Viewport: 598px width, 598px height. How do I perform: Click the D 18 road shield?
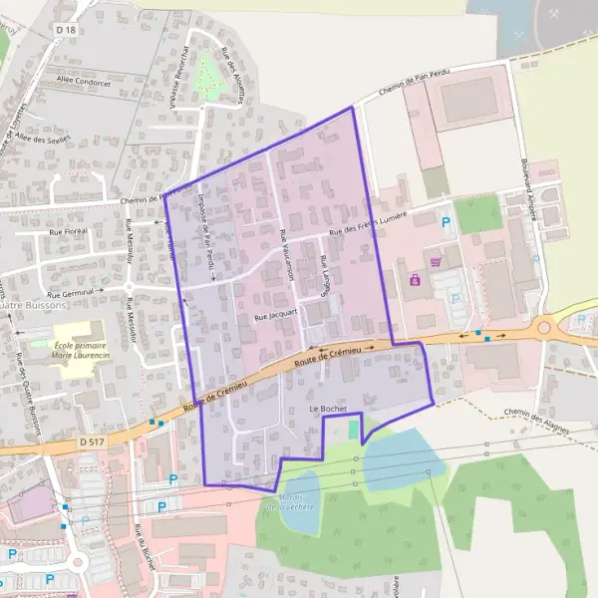coord(67,31)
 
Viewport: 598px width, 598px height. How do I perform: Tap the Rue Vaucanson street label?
coord(287,255)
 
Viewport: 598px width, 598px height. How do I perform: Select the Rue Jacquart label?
coord(274,315)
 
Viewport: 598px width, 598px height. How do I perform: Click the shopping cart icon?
coord(436,262)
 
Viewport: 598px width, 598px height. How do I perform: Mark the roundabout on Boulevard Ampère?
coord(544,326)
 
